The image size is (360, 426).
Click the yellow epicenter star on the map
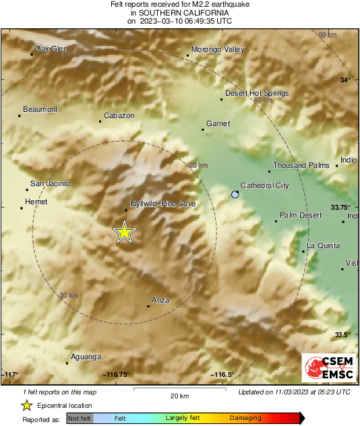click(124, 232)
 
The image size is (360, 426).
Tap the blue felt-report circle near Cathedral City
click(235, 194)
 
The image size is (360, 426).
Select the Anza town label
click(160, 300)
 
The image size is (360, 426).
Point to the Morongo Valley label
click(218, 49)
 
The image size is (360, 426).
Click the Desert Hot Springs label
click(257, 93)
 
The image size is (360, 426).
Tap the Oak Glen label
click(52, 48)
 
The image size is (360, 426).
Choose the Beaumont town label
click(40, 109)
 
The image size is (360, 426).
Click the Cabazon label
click(119, 115)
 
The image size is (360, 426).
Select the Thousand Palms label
click(301, 165)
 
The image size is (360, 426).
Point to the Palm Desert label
click(301, 215)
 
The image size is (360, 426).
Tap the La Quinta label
click(323, 245)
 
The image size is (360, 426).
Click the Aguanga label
click(85, 357)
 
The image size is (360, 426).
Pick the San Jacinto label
click(51, 183)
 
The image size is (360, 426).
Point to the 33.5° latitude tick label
click(343, 334)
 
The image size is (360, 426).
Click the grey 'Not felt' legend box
click(80, 419)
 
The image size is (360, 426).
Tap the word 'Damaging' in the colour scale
click(245, 419)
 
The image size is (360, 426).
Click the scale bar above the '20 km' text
click(179, 389)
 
